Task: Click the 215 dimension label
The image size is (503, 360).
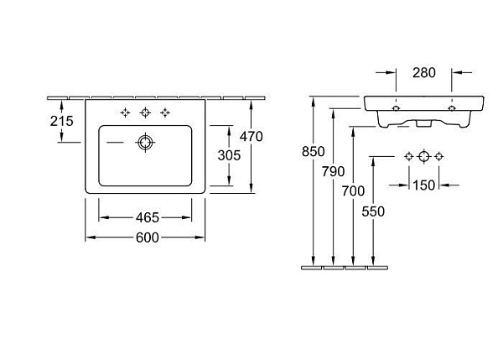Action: [61, 121]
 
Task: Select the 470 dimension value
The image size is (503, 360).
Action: [251, 137]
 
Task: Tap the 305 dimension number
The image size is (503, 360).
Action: [229, 155]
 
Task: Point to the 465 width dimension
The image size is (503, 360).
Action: [148, 217]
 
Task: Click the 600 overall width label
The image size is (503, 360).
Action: [148, 237]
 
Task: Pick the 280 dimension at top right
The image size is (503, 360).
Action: [424, 73]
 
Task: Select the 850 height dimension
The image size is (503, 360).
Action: [313, 152]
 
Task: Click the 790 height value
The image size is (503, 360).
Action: [334, 172]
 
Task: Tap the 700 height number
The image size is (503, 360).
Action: [353, 191]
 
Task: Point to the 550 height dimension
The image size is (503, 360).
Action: [373, 211]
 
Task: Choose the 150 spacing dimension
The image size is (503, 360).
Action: [423, 185]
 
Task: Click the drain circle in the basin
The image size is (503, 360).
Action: [145, 143]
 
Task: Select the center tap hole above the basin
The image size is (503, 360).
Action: [145, 112]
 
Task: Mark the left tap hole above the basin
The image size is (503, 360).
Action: [125, 112]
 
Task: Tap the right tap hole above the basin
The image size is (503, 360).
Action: [165, 112]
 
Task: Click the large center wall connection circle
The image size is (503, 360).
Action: [424, 156]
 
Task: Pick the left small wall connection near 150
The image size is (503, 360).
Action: [409, 156]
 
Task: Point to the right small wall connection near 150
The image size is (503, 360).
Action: [439, 156]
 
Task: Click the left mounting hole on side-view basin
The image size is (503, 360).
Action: [397, 108]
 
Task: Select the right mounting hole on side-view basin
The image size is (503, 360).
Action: [452, 108]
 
